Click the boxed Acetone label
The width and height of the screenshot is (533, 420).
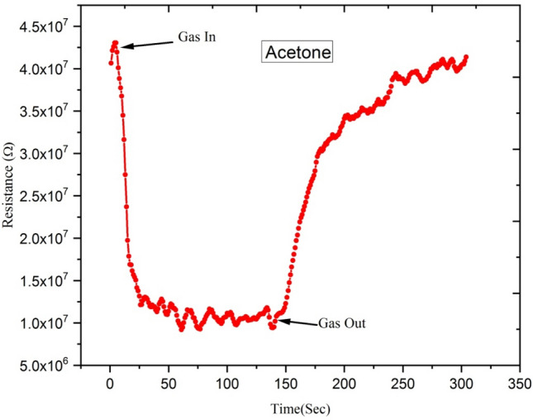[x=297, y=54]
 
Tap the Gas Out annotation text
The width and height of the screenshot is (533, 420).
[x=341, y=323]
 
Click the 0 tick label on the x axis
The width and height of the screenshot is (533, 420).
[x=110, y=384]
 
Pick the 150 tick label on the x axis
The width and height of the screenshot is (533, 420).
[x=285, y=384]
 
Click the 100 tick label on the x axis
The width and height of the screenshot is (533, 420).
[x=226, y=384]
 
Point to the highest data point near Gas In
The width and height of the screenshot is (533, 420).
[x=116, y=43]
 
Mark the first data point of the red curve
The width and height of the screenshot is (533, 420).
[x=110, y=63]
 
